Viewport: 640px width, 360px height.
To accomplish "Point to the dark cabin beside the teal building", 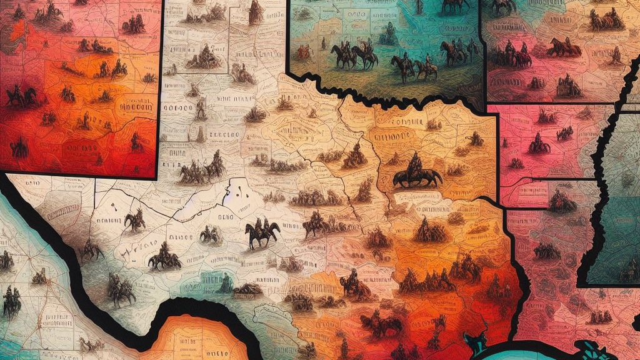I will (249, 289).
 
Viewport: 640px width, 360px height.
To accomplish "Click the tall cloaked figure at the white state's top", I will (256, 13).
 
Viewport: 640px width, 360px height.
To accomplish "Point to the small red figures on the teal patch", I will (306, 52).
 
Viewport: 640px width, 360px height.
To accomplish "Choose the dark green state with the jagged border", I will (616, 237).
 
